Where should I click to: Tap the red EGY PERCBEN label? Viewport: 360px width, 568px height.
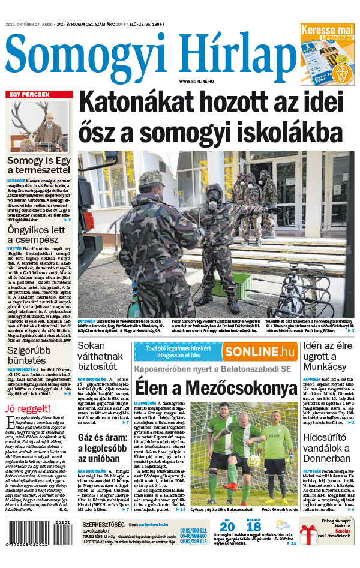click(x=28, y=94)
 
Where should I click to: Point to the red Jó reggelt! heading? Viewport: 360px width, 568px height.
click(x=28, y=410)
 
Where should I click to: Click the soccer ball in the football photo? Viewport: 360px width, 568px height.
click(x=254, y=460)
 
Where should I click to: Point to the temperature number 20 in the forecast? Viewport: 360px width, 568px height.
click(x=227, y=528)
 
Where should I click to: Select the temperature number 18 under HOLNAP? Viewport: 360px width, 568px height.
click(x=253, y=528)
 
